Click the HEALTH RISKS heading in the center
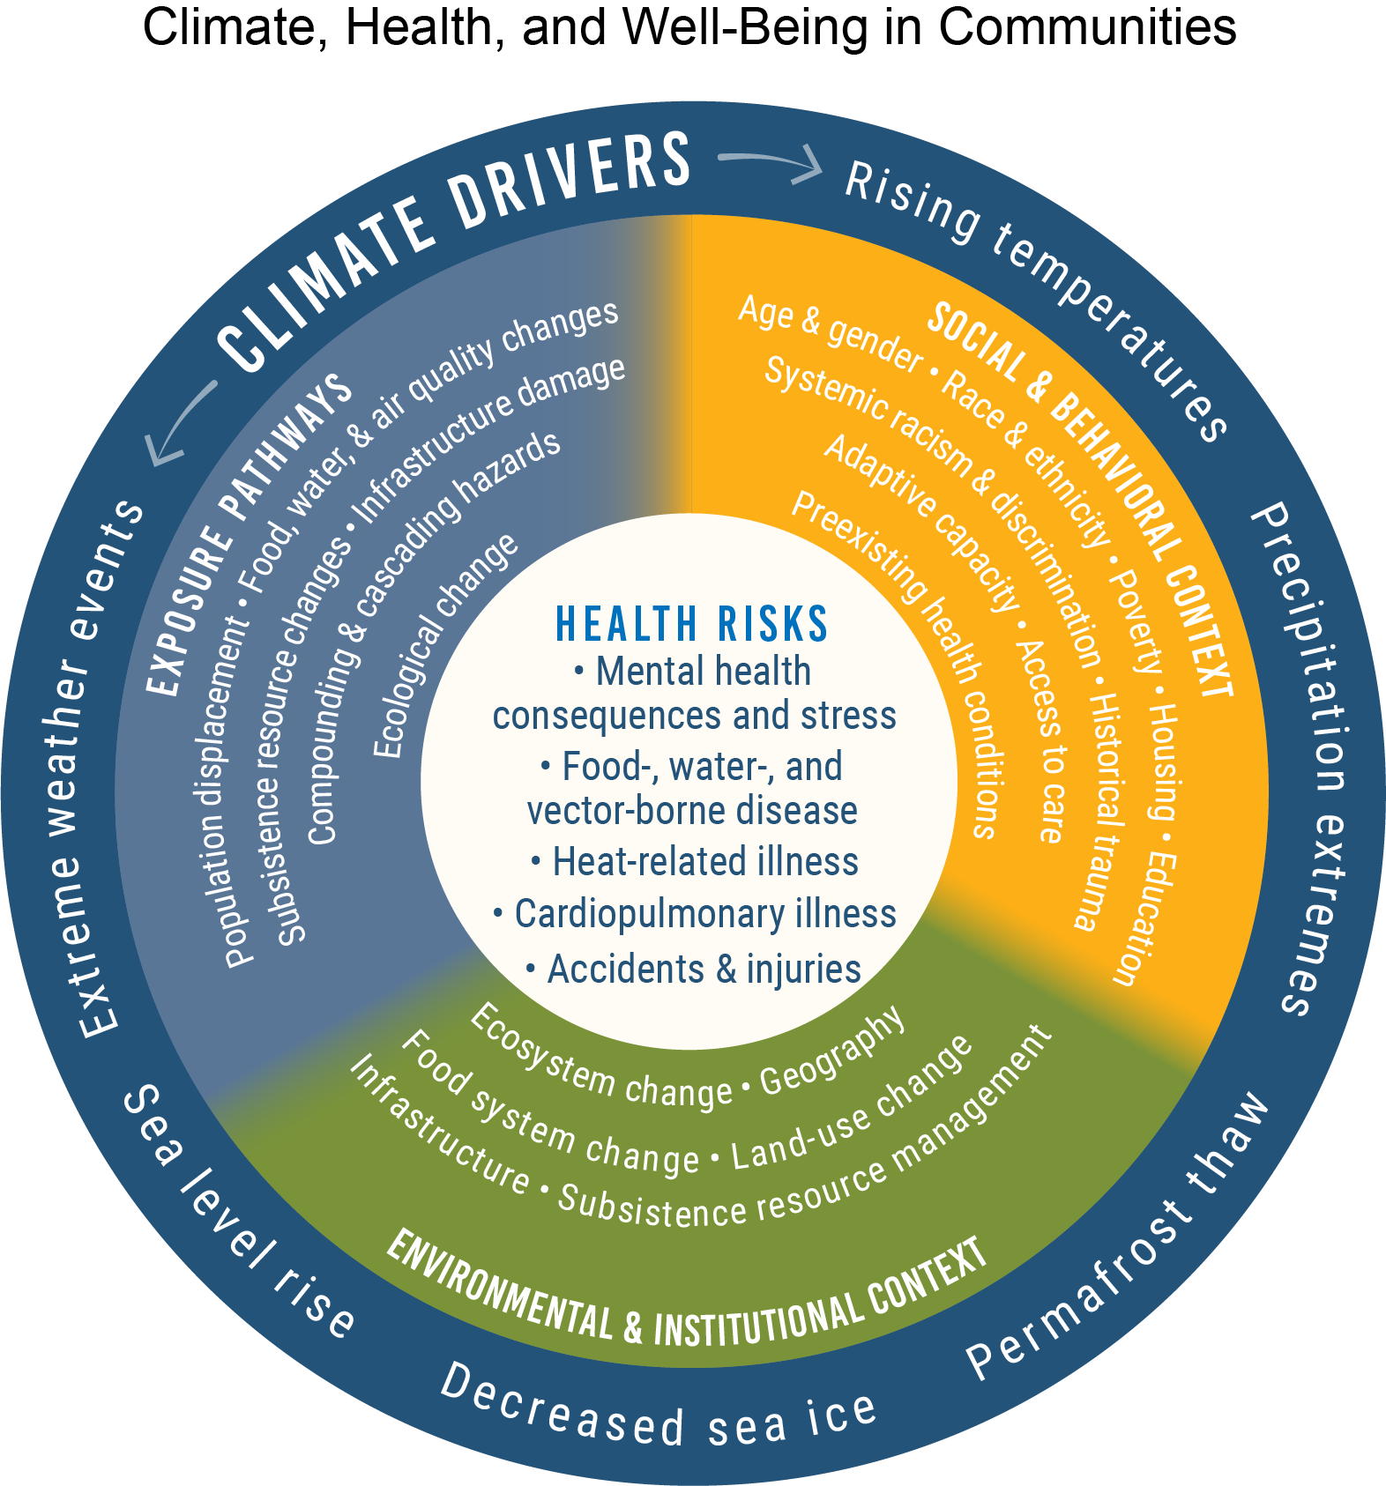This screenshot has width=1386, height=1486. [692, 624]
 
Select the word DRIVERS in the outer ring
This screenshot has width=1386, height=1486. [571, 180]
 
